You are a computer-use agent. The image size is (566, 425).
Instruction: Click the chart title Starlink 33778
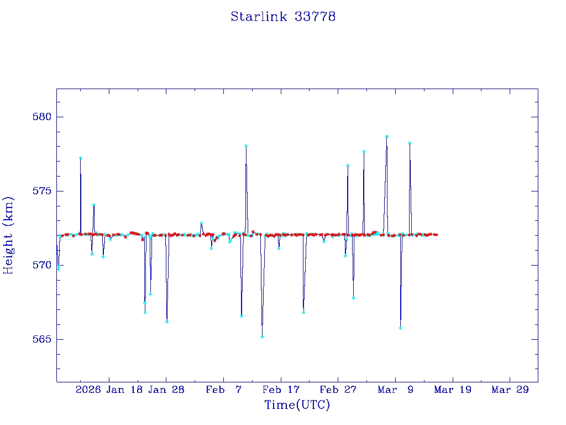[283, 17]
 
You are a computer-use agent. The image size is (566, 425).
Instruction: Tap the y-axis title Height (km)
[8, 235]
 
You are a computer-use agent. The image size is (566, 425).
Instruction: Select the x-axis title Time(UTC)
[297, 405]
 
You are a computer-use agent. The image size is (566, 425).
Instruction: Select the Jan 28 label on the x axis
[166, 390]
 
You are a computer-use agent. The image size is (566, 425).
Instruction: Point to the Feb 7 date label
[224, 390]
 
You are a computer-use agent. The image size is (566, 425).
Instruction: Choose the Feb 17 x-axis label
[281, 390]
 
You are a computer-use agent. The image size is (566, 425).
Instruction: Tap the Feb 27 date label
[338, 390]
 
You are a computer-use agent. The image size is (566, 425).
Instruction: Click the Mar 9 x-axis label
[396, 390]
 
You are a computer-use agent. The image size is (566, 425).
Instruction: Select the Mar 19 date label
[453, 390]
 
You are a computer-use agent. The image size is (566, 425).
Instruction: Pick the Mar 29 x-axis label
[510, 390]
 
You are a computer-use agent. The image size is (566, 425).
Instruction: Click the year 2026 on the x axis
[88, 390]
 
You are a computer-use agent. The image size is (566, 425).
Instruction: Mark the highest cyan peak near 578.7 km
[387, 136]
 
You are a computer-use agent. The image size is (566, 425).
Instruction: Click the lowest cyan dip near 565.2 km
[262, 336]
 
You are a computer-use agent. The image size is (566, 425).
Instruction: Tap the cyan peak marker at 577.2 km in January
[81, 158]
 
